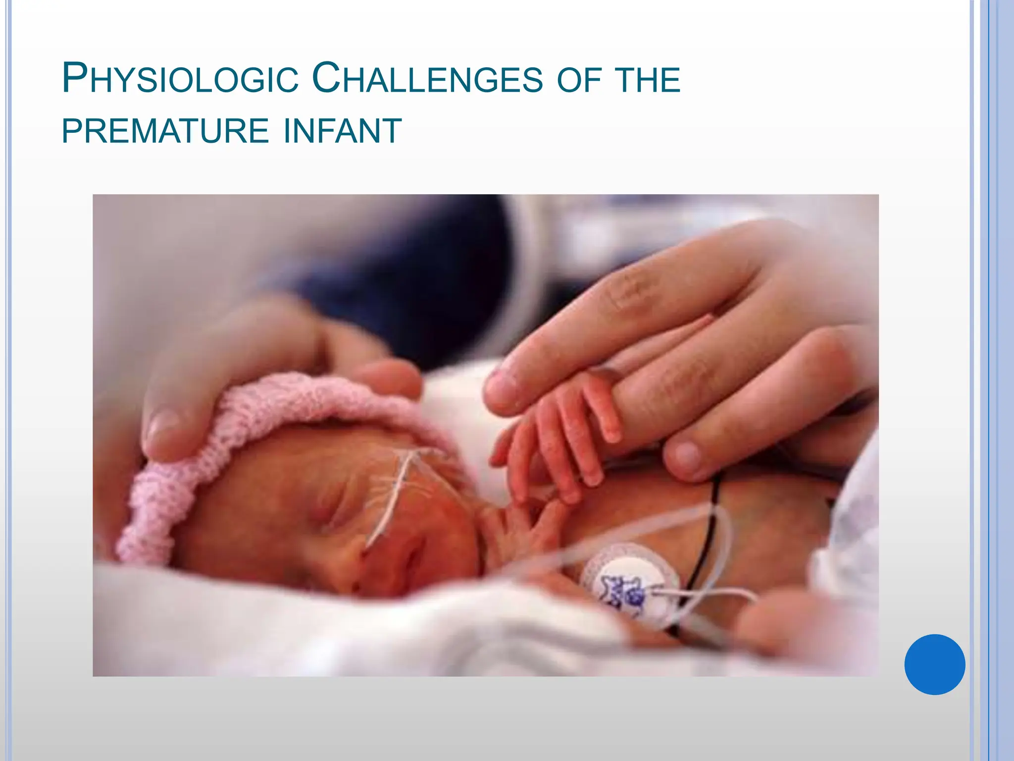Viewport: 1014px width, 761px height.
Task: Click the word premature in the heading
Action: coord(165,132)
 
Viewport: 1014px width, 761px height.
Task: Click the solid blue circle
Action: coord(934,664)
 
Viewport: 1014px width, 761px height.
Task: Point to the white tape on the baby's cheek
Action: coord(396,495)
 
